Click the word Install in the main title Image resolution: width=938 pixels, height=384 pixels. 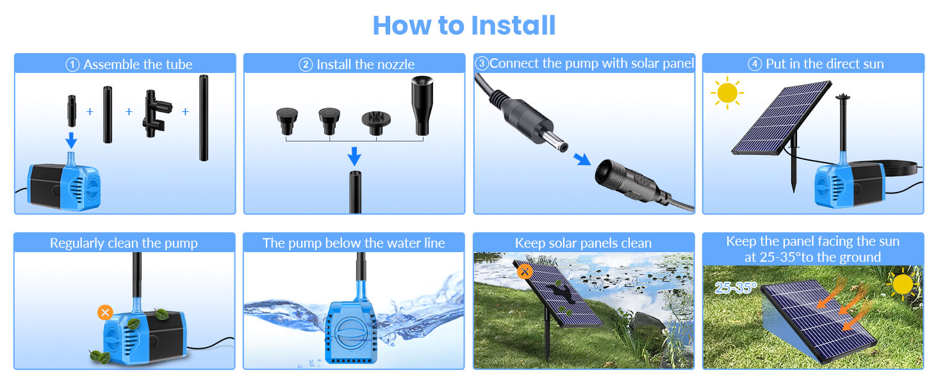click(x=513, y=25)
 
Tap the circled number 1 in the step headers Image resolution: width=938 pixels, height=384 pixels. click(x=72, y=65)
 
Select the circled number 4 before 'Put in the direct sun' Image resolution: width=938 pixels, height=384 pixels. click(x=755, y=64)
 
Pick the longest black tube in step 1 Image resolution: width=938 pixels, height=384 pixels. click(x=203, y=118)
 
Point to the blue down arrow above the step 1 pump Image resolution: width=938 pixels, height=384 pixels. click(x=72, y=140)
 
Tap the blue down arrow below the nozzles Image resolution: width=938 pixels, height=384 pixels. click(x=354, y=155)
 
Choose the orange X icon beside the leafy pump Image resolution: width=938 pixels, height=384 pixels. click(x=105, y=312)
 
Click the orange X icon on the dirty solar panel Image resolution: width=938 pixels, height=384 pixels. click(x=525, y=271)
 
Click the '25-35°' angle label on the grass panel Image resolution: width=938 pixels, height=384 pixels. click(x=736, y=288)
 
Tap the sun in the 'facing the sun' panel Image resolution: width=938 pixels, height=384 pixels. click(x=902, y=284)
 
